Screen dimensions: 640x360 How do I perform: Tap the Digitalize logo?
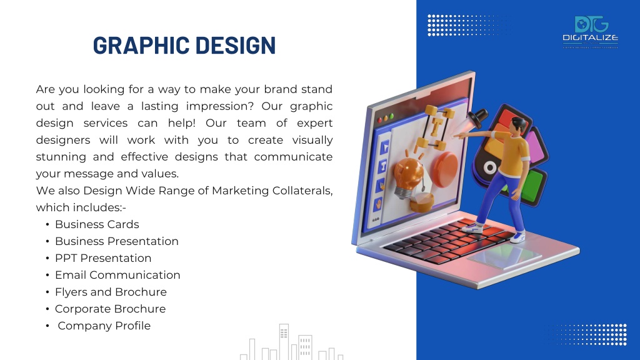(590, 32)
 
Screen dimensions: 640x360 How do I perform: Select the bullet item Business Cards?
(97, 224)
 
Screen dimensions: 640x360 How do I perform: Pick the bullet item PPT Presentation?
(103, 258)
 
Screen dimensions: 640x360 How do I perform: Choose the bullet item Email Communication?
(117, 275)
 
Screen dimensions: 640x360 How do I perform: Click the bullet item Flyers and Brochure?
(111, 292)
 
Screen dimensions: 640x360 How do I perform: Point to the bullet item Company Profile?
(104, 326)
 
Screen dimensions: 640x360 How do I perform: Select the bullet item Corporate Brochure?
(111, 309)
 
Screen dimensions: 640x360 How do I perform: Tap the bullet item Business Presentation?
(117, 241)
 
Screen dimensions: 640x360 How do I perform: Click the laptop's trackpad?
(504, 257)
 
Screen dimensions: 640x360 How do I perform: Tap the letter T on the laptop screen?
(436, 126)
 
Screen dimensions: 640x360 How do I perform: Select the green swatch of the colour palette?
(530, 186)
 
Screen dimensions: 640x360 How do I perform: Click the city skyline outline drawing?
(291, 342)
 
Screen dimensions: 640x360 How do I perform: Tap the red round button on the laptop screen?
(444, 169)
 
